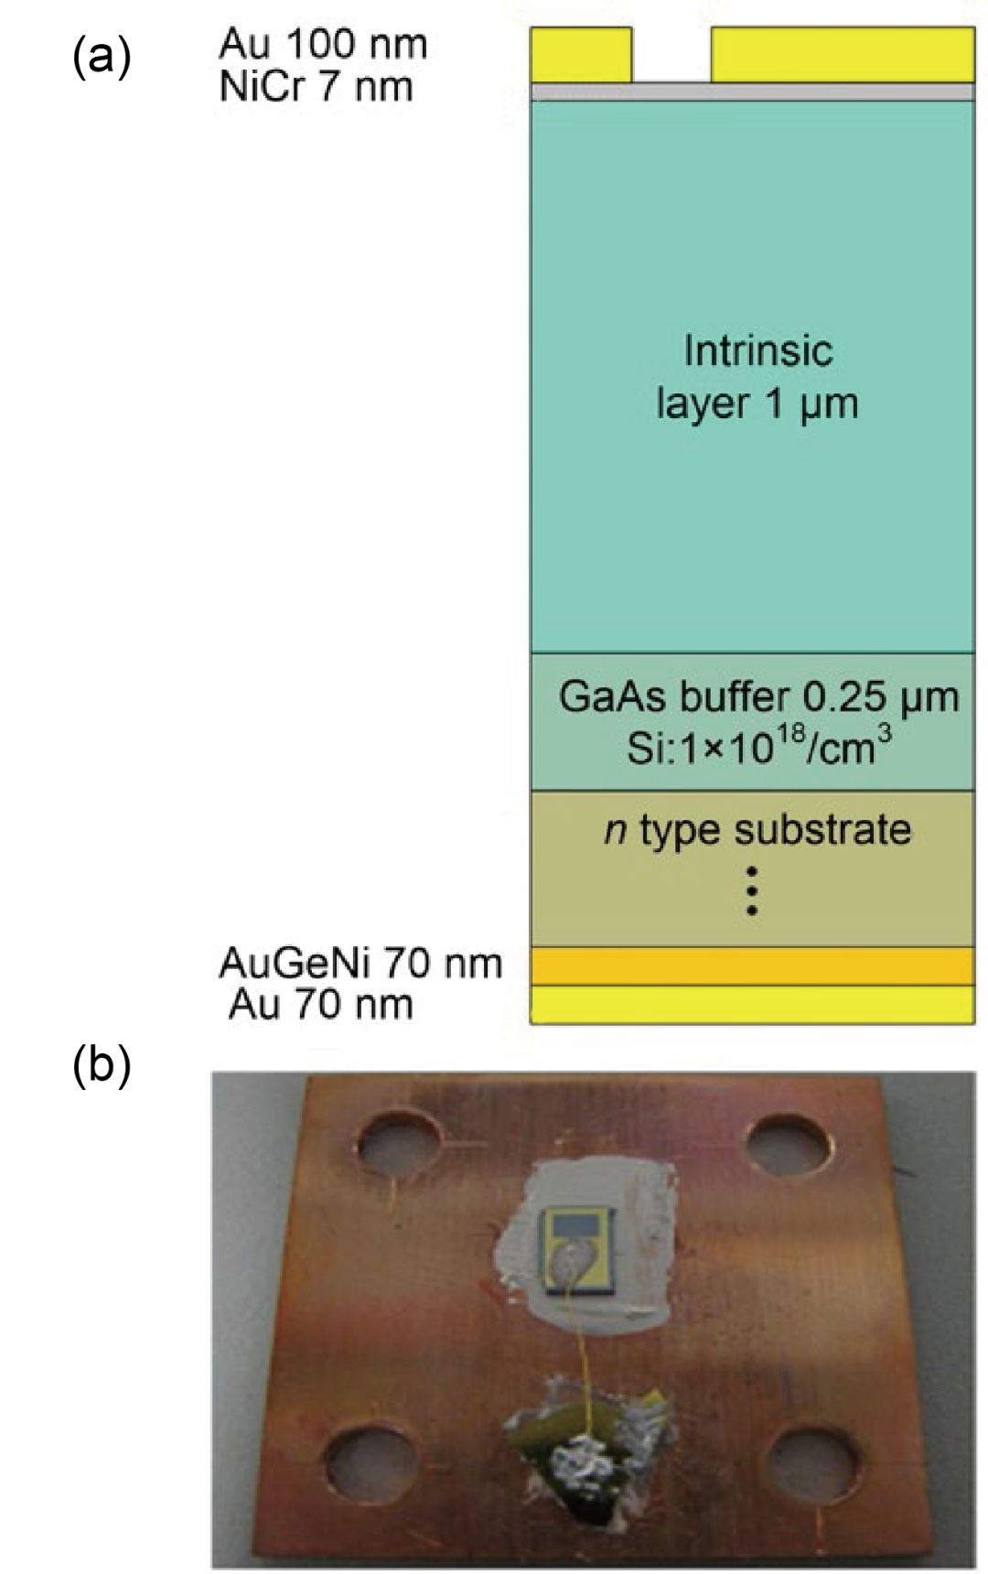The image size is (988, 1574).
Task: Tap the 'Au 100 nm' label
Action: click(323, 43)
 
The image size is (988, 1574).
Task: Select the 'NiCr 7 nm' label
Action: click(316, 87)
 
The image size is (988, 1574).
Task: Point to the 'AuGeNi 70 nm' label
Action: click(360, 963)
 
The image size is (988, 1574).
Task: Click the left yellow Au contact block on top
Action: click(581, 55)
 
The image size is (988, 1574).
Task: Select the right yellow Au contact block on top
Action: click(842, 55)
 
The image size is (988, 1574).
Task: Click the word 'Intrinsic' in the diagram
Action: click(758, 350)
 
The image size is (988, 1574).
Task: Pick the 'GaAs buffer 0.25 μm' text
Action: click(758, 697)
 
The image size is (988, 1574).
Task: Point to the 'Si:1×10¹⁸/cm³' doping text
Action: click(758, 748)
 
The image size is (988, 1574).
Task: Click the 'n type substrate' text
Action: click(758, 830)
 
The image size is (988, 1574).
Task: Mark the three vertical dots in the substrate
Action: click(751, 889)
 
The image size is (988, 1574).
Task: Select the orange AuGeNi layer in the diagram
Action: click(752, 965)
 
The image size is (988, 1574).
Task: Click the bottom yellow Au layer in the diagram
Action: click(752, 1004)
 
